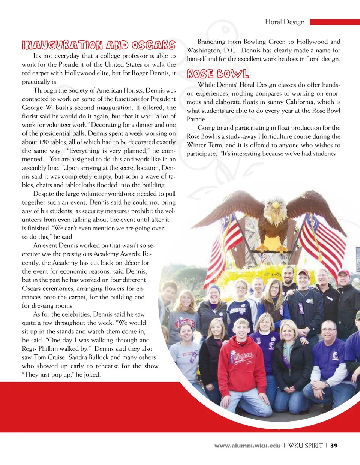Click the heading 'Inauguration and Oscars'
(x=99, y=45)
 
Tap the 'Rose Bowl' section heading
(x=217, y=74)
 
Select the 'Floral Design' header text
(x=285, y=22)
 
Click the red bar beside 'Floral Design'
(x=334, y=22)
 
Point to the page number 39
(x=334, y=446)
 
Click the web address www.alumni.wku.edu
(x=247, y=446)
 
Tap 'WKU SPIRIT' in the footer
(x=305, y=446)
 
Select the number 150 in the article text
(x=44, y=142)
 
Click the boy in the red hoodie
(x=241, y=360)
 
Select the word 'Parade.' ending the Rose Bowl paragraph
(x=196, y=119)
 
